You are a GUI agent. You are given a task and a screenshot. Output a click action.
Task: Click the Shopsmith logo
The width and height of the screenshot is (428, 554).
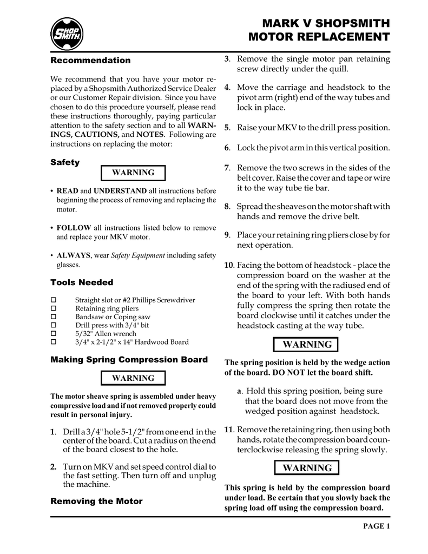(67, 34)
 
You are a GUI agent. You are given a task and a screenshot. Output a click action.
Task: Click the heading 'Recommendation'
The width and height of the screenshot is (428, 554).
(90, 60)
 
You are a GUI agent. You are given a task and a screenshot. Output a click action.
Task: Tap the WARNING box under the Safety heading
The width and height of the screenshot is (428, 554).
(133, 173)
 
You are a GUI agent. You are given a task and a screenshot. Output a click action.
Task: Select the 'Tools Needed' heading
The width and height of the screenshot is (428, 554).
(82, 282)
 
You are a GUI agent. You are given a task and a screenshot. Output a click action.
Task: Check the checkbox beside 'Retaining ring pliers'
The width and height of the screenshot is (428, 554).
(54, 308)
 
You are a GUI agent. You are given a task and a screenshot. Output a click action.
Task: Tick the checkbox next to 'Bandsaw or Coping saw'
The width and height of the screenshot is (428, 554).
(54, 317)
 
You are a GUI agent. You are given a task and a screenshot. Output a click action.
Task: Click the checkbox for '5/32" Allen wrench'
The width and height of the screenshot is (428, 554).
(54, 334)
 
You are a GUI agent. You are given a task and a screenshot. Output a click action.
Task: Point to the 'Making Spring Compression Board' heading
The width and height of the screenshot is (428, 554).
(129, 360)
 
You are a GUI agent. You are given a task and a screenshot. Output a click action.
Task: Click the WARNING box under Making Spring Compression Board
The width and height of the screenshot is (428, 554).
(133, 378)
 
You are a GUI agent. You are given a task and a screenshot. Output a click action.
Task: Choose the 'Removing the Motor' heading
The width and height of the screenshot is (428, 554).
(96, 501)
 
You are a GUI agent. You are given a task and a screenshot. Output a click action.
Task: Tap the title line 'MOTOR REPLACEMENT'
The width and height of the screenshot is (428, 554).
(319, 37)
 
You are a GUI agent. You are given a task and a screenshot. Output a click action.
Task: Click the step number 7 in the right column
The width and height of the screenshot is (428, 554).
(227, 168)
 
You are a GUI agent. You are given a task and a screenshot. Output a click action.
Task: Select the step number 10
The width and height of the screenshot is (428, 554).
(228, 266)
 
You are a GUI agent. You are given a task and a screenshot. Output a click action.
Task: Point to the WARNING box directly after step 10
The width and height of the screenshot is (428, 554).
(307, 345)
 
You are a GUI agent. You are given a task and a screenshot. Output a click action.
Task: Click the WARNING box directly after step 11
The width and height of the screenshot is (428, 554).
(307, 468)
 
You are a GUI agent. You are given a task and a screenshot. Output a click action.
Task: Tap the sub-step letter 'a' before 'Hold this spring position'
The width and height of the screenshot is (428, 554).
(239, 391)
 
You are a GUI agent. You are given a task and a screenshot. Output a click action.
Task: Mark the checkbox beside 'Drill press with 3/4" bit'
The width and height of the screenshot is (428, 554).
(54, 325)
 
